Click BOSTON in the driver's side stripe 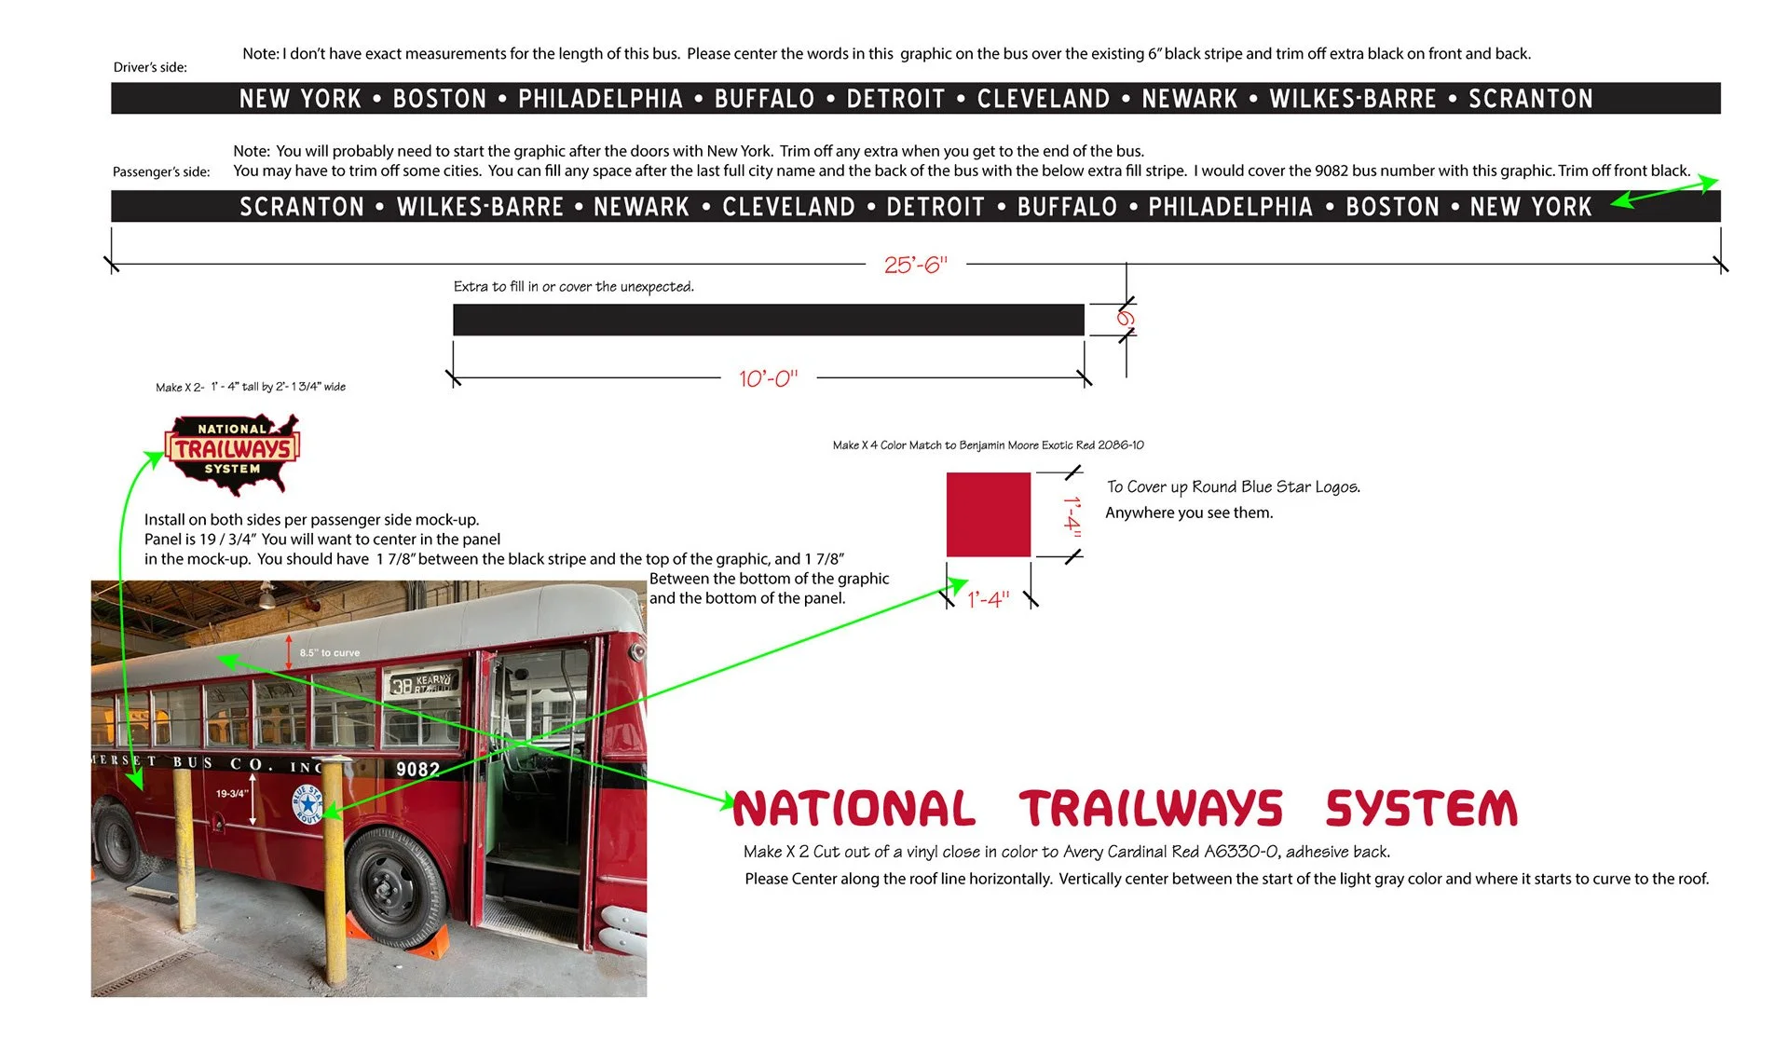pos(440,99)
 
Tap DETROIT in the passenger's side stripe pos(935,207)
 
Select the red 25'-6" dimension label pos(915,265)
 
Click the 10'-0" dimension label pos(769,378)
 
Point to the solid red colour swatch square pos(989,514)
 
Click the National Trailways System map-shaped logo pos(233,453)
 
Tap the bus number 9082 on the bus pos(417,770)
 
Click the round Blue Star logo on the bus pos(307,803)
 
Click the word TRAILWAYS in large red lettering pos(1151,809)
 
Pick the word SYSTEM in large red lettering pos(1422,809)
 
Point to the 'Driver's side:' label pos(150,67)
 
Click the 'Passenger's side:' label pos(161,171)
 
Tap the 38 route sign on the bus pos(422,684)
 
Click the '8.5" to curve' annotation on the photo pos(329,652)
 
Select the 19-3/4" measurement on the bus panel pos(232,794)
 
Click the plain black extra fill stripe pos(769,320)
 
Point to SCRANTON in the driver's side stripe pos(1531,99)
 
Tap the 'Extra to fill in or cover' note pos(574,287)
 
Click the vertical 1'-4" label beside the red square pos(1072,514)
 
